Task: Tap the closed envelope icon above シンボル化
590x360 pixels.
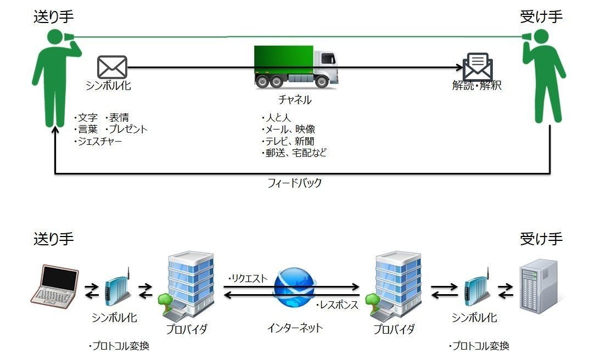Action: [112, 67]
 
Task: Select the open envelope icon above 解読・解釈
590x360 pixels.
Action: [477, 66]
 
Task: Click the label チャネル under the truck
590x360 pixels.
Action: [295, 100]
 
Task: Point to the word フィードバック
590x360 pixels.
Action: [294, 183]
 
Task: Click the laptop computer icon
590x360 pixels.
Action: [53, 284]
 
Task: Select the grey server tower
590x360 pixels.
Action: [538, 287]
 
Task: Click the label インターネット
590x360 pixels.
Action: [295, 328]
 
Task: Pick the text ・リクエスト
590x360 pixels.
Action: [248, 278]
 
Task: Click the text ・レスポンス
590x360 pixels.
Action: [336, 305]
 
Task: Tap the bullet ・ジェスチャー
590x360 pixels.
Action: [98, 142]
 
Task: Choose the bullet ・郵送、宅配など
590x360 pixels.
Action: [294, 153]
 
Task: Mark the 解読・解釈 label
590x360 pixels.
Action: [476, 86]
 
